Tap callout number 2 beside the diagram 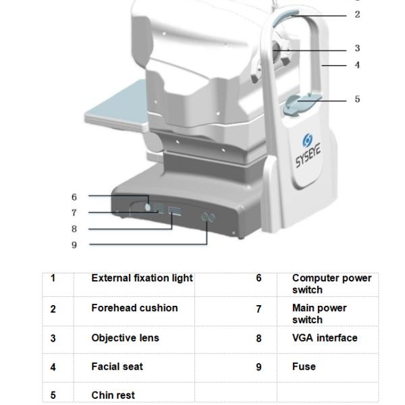(x=358, y=15)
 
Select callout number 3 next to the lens (x=358, y=49)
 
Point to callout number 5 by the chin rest (x=358, y=99)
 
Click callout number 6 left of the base (x=74, y=197)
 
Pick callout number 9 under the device (x=74, y=244)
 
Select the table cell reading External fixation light (x=142, y=278)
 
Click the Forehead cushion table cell (x=134, y=308)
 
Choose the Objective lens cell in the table (x=125, y=337)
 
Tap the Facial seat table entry (x=117, y=367)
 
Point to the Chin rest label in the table (x=113, y=396)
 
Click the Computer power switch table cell (x=331, y=283)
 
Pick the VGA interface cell (x=325, y=337)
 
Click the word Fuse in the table (x=304, y=367)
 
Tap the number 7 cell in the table (x=259, y=309)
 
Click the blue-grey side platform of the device (x=115, y=108)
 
